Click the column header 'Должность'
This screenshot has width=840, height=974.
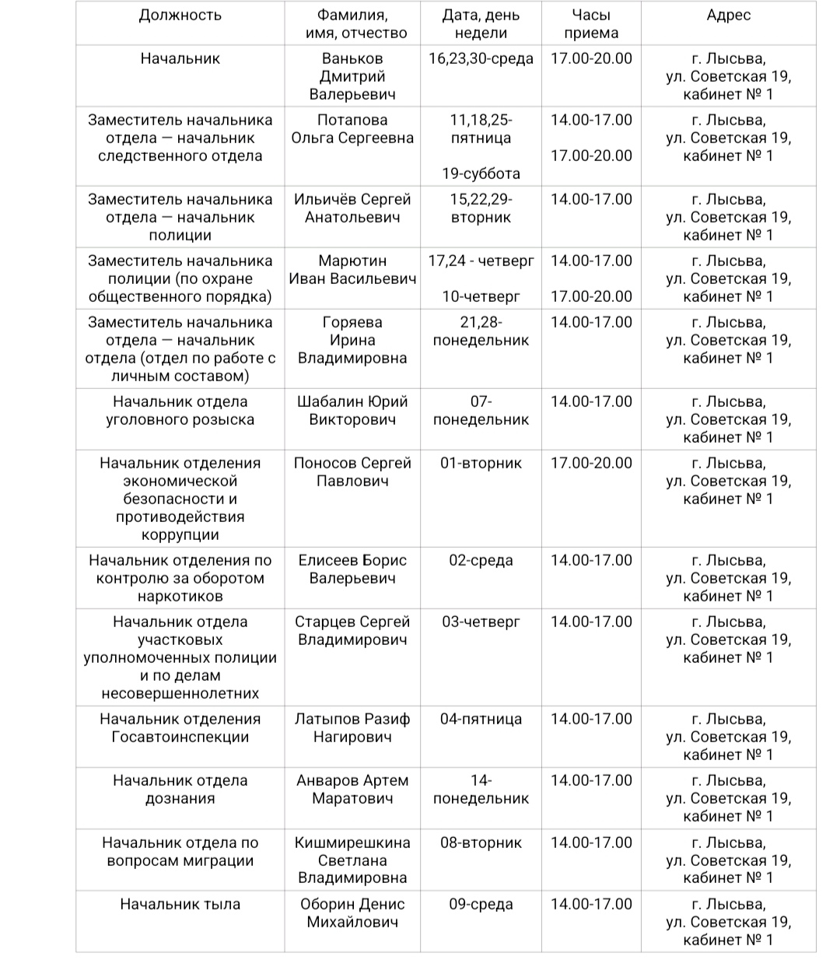pyautogui.click(x=180, y=16)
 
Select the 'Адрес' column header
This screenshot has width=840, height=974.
pyautogui.click(x=728, y=16)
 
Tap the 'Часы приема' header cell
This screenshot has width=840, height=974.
pyautogui.click(x=591, y=24)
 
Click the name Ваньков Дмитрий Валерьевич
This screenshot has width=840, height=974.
pyautogui.click(x=352, y=76)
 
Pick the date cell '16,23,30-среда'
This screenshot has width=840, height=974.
pyautogui.click(x=481, y=58)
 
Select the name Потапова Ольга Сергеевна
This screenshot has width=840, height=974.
pyautogui.click(x=352, y=129)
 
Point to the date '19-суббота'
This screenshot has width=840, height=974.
pyautogui.click(x=481, y=173)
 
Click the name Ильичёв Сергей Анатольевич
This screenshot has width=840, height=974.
pyautogui.click(x=352, y=208)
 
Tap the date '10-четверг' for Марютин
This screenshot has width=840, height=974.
pyautogui.click(x=481, y=296)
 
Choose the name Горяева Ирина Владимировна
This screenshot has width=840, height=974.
pyautogui.click(x=352, y=340)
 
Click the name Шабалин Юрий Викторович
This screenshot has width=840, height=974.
pyautogui.click(x=352, y=411)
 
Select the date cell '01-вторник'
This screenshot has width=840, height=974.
pyautogui.click(x=481, y=463)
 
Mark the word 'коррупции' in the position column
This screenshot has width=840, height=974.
pyautogui.click(x=180, y=535)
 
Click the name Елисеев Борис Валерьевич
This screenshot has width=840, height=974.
pyautogui.click(x=352, y=569)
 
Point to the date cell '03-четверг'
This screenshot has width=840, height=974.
pyautogui.click(x=481, y=622)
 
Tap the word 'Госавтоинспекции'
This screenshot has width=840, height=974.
pyautogui.click(x=180, y=737)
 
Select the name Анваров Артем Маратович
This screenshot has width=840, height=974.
pyautogui.click(x=352, y=790)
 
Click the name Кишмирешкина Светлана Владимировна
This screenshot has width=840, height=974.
pyautogui.click(x=352, y=860)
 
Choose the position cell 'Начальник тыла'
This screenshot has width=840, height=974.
pyautogui.click(x=180, y=904)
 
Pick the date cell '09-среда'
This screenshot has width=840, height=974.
pyautogui.click(x=481, y=904)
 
